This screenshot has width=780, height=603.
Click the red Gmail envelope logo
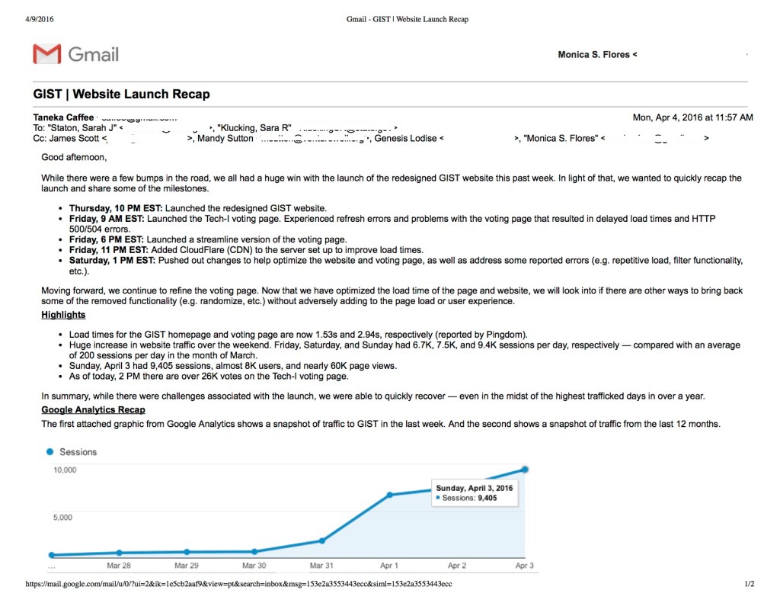coord(46,54)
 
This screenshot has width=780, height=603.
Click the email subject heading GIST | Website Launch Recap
coord(121,95)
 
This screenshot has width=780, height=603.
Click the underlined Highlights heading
coord(63,315)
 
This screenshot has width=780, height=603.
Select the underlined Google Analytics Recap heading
coord(93,410)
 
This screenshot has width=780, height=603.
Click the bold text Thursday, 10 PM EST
coord(116,208)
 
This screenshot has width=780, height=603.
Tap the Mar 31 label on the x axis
coord(321,566)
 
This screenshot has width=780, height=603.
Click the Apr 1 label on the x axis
coord(389,566)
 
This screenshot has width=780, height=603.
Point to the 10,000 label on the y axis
coord(65,470)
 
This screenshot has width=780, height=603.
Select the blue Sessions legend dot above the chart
coord(50,452)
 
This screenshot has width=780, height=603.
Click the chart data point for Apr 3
coord(525,470)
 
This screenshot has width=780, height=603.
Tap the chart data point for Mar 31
coord(321,540)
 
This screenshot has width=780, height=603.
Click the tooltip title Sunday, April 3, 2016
coord(475,487)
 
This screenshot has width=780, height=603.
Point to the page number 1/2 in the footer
coord(749,585)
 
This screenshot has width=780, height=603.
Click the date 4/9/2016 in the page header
coord(40,19)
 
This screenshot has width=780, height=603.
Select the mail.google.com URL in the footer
coord(238,585)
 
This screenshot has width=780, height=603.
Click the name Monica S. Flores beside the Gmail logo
coord(593,55)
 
